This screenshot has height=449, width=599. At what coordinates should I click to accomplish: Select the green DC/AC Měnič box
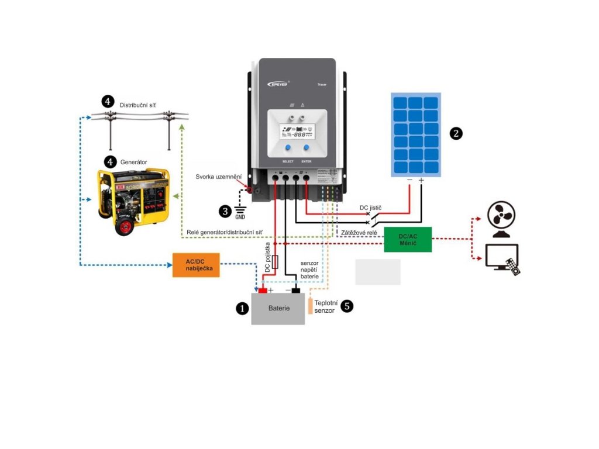click(x=408, y=239)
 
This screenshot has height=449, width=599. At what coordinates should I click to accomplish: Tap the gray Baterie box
click(x=278, y=308)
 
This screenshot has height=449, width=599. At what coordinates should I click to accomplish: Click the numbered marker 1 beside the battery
click(x=242, y=308)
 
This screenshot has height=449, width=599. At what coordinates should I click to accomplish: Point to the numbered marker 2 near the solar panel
click(x=456, y=133)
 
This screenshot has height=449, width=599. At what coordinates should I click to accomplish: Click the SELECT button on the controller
click(x=288, y=149)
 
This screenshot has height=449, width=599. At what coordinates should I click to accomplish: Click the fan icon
click(x=501, y=220)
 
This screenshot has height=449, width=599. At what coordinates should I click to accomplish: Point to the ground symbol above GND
click(x=240, y=210)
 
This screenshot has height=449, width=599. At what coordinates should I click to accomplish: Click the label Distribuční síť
click(x=138, y=105)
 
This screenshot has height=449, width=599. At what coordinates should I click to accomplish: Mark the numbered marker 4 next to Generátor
click(x=109, y=161)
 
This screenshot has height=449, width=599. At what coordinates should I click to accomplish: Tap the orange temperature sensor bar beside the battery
click(x=311, y=306)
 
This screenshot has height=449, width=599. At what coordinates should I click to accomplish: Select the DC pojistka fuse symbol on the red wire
click(x=276, y=261)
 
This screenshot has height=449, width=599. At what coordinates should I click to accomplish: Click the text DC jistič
click(x=371, y=208)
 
